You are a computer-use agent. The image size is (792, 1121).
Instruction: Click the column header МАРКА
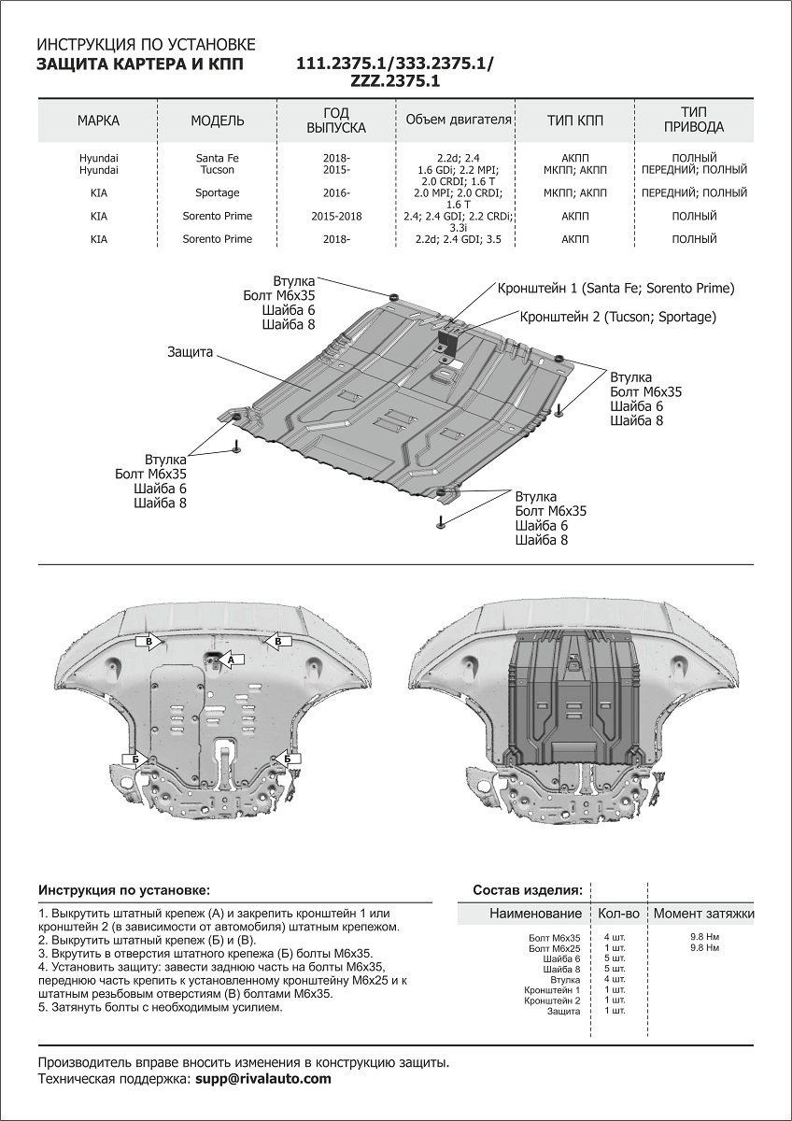[x=98, y=121]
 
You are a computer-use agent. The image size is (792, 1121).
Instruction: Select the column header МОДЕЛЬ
[x=218, y=121]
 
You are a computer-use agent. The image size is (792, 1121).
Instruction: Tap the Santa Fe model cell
[x=218, y=158]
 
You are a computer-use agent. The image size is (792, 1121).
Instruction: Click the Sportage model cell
[x=218, y=193]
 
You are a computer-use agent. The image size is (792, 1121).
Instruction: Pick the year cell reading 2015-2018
[x=336, y=216]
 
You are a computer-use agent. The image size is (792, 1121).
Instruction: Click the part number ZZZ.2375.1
[x=395, y=81]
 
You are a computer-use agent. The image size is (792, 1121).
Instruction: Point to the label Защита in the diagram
[x=191, y=352]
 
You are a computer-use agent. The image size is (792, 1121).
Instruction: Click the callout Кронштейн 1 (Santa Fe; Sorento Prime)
[x=616, y=288]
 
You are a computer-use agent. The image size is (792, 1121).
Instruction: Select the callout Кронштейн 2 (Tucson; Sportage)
[x=617, y=317]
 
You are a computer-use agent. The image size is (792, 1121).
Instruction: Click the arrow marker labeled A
[x=229, y=660]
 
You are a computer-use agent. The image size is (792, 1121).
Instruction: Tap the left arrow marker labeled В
[x=148, y=641]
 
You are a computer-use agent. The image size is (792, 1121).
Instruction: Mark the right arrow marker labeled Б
[x=286, y=759]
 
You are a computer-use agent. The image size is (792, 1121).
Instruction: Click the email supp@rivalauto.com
[x=263, y=1079]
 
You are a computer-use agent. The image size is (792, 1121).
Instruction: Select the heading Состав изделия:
[x=528, y=890]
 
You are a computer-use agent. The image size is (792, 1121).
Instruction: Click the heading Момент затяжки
[x=703, y=913]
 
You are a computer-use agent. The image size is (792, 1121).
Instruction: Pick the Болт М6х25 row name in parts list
[x=554, y=948]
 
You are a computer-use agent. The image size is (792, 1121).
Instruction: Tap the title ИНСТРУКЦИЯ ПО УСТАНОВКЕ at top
[x=145, y=45]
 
